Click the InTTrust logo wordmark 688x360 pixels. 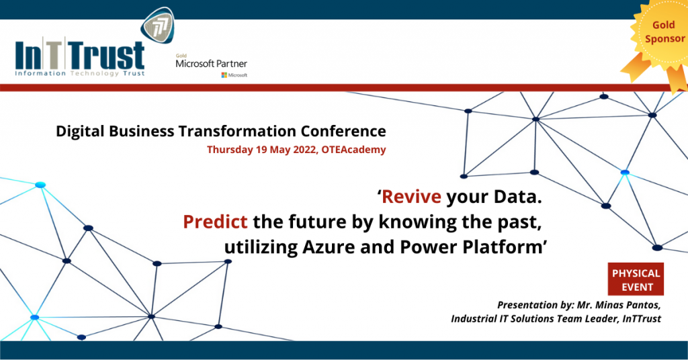click(x=79, y=53)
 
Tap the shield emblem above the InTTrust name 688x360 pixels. click(x=159, y=26)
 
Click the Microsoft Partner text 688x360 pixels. click(x=211, y=64)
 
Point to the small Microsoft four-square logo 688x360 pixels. click(x=224, y=75)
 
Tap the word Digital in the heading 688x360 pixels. click(x=78, y=131)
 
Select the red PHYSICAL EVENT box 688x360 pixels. click(x=636, y=279)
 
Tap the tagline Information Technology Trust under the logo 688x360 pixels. click(x=79, y=73)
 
